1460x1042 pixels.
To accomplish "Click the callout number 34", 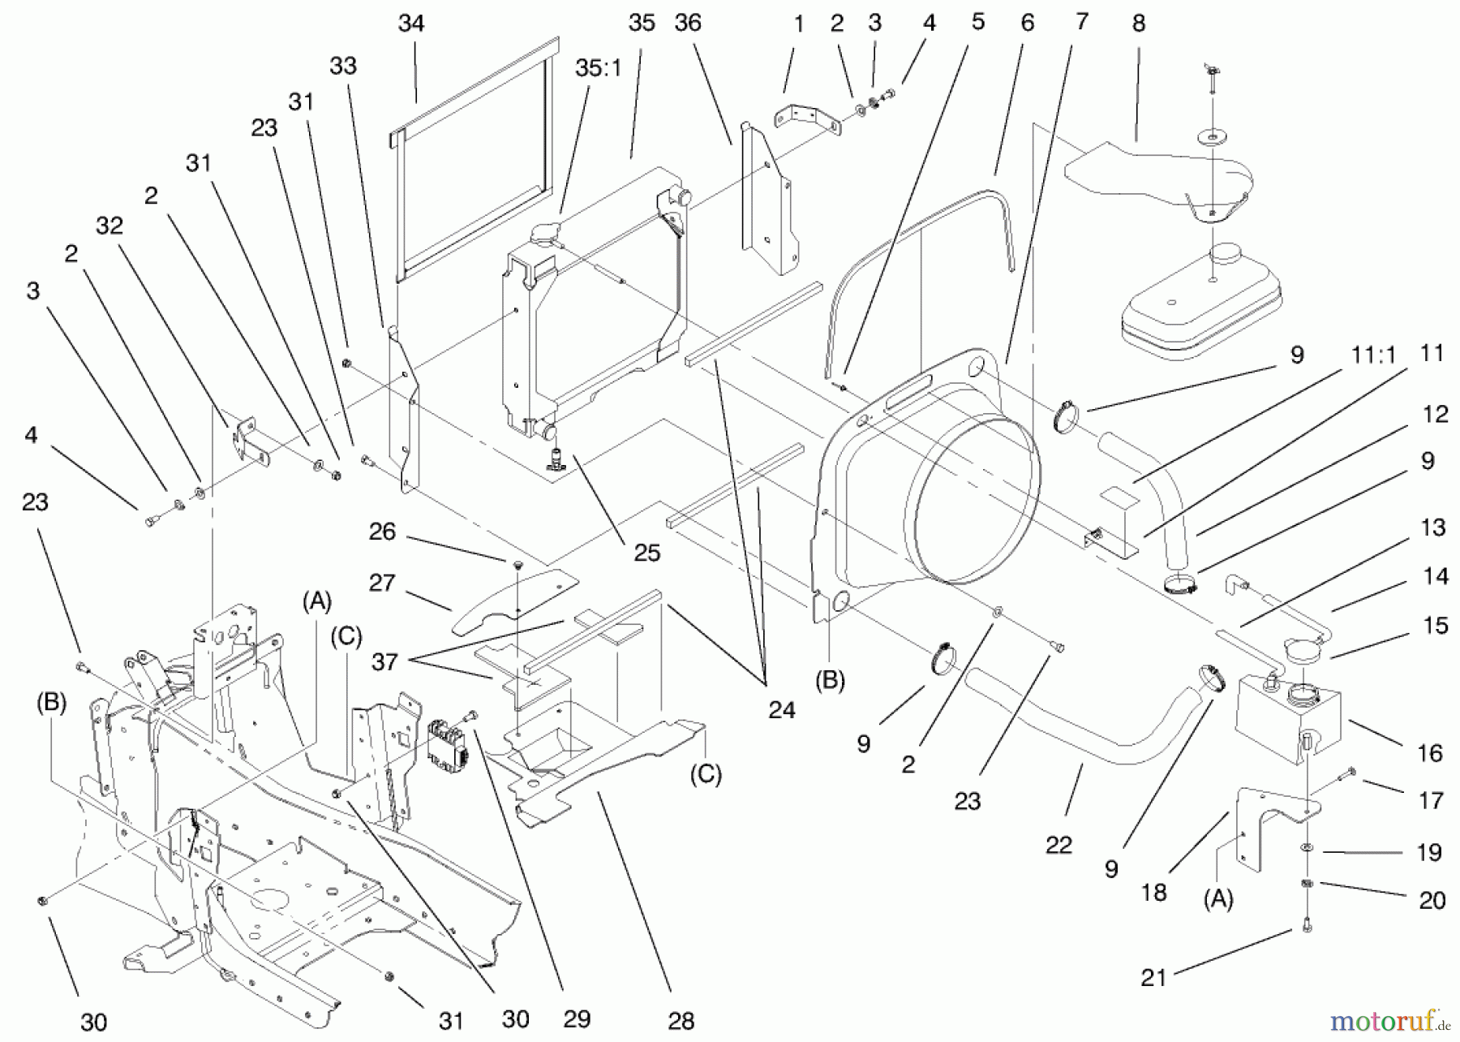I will pos(411,24).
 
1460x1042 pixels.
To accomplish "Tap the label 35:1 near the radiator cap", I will pos(598,68).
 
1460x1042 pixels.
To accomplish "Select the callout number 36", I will pos(687,24).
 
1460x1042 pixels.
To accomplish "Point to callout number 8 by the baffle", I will pos(1138,24).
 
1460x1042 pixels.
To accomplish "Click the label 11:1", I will pos(1373,354).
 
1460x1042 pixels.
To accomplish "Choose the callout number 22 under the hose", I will pos(1058,845).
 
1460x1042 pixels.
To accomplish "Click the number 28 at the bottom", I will pos(681,1021).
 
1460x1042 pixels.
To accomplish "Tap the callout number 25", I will pos(647,553).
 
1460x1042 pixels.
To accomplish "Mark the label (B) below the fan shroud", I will pos(829,679).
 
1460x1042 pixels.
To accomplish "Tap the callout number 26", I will pos(382,532).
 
